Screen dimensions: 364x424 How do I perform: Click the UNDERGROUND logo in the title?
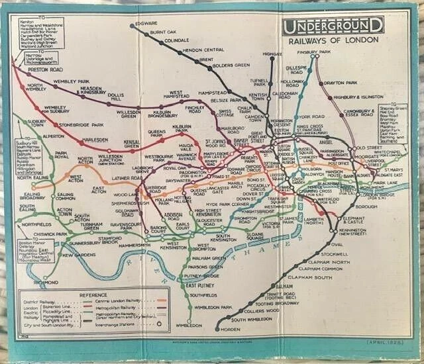(333, 26)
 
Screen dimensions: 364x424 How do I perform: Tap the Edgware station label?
(146, 24)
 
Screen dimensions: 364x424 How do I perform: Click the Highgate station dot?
(272, 58)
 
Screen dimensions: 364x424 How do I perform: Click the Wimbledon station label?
(189, 326)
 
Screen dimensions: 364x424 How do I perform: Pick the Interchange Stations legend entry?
(119, 325)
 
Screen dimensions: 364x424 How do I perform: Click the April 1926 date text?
(384, 342)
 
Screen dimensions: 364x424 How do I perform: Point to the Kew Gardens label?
(79, 254)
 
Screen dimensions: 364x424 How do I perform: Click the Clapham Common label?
(301, 269)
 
